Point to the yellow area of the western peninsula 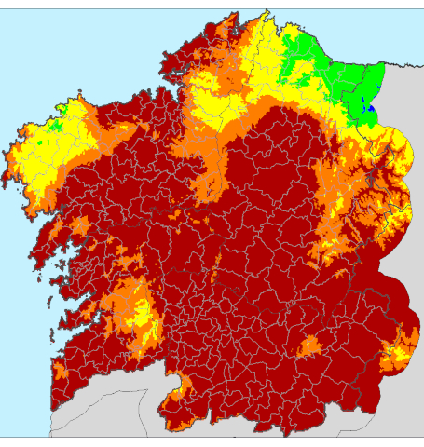(x=42, y=158)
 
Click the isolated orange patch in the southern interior (x=308, y=347)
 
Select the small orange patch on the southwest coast (x=62, y=372)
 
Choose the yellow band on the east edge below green (x=401, y=149)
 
